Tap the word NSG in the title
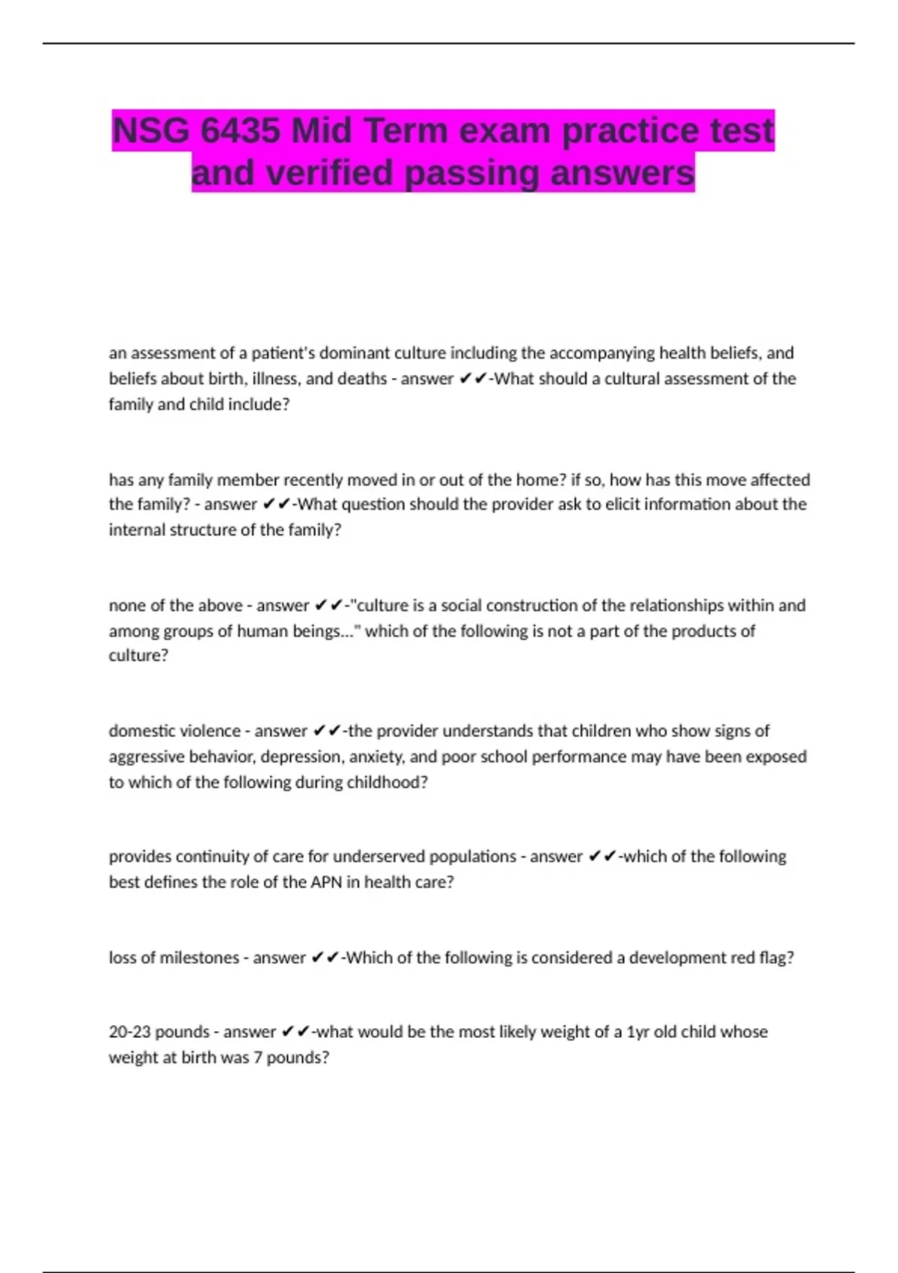coord(150,131)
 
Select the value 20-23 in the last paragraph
coord(129,1032)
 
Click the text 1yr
coord(638,1032)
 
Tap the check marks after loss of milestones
coord(325,958)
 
